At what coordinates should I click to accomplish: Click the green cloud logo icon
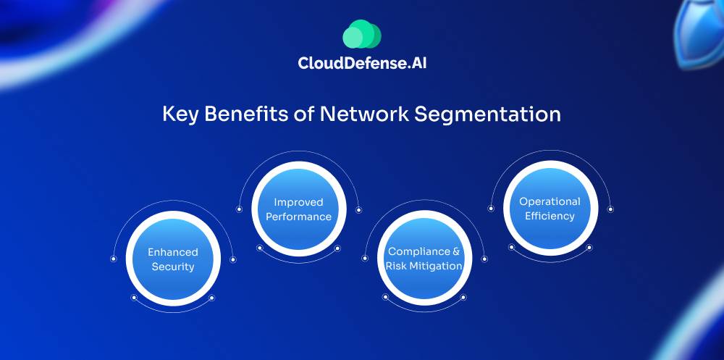[x=361, y=34]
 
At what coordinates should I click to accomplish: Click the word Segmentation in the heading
[x=489, y=114]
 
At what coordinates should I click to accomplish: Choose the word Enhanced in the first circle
[x=173, y=252]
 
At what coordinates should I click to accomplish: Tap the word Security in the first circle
[x=173, y=267]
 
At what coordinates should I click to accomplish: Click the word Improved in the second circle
[x=298, y=202]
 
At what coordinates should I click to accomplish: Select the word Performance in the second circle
[x=298, y=217]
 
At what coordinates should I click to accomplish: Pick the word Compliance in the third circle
[x=418, y=251]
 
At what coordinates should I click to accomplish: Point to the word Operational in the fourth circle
[x=550, y=201]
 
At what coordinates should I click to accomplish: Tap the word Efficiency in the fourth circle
[x=550, y=216]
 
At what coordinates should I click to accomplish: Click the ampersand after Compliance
[x=456, y=251]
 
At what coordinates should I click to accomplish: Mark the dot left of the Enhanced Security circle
[x=113, y=259]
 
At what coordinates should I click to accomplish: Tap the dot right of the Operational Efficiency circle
[x=610, y=209]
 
